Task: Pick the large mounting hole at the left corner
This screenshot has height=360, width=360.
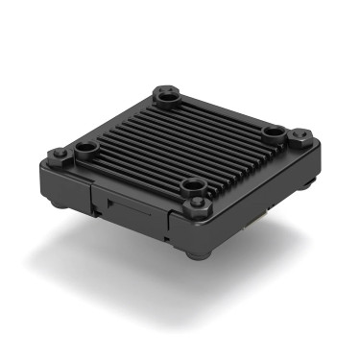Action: (x=85, y=149)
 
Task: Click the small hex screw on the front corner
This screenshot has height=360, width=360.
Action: (x=201, y=204)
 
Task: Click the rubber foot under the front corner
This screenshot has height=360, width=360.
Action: (x=197, y=252)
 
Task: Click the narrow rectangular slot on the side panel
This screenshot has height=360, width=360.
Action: (x=120, y=204)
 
